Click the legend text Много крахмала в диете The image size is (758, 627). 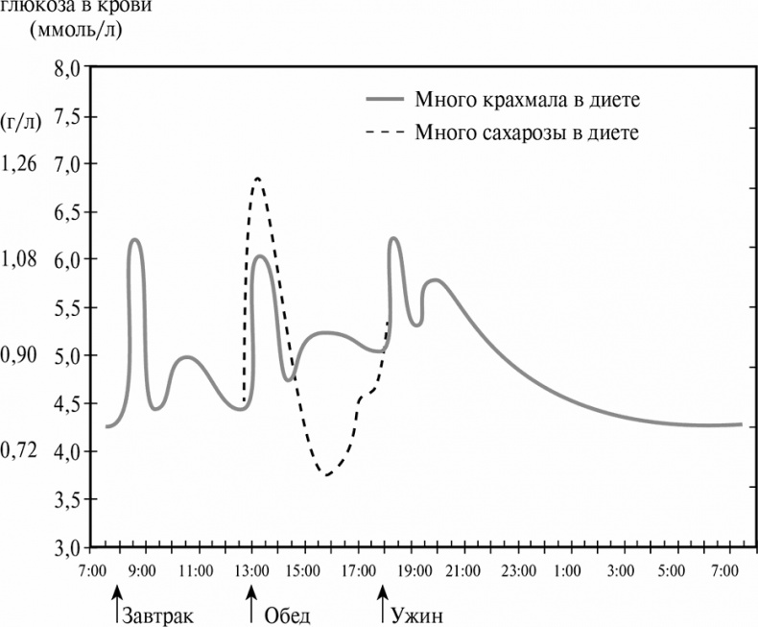click(x=527, y=99)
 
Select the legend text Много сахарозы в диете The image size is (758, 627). click(x=527, y=133)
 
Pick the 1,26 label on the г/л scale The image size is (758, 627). click(x=19, y=163)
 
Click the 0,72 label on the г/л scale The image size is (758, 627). click(x=19, y=450)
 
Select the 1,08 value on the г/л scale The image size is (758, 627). click(x=19, y=259)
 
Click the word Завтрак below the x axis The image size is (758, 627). click(x=158, y=615)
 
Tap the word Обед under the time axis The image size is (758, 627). click(x=286, y=615)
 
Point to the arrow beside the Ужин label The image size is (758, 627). click(x=384, y=610)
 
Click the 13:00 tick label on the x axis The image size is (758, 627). click(x=251, y=571)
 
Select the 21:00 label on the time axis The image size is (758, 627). click(x=464, y=571)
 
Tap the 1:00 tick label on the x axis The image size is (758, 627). click(x=572, y=571)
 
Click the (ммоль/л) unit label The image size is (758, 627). click(x=76, y=28)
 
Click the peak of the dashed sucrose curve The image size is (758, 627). click(x=257, y=179)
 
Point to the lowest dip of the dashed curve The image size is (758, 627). click(x=327, y=474)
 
